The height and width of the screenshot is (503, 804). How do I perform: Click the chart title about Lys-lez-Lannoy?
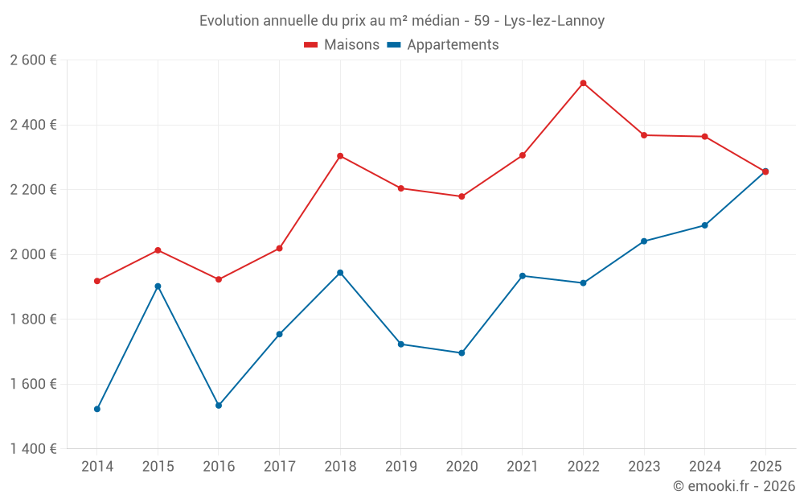pyautogui.click(x=402, y=21)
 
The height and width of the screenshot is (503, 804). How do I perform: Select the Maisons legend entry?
pyautogui.click(x=342, y=45)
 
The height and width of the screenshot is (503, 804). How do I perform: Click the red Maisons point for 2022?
pyautogui.click(x=583, y=83)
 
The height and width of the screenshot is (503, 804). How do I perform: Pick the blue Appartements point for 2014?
pyautogui.click(x=97, y=409)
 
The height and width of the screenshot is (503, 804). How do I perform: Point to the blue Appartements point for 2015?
pyautogui.click(x=158, y=286)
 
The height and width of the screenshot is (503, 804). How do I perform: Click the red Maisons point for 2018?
pyautogui.click(x=340, y=156)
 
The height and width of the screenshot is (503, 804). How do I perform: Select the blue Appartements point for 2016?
pyautogui.click(x=219, y=406)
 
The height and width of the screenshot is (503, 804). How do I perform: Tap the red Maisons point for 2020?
pyautogui.click(x=461, y=196)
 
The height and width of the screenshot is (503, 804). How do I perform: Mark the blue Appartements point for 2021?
pyautogui.click(x=523, y=276)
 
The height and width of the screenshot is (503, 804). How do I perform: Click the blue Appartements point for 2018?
pyautogui.click(x=340, y=273)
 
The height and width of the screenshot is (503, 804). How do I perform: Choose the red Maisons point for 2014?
pyautogui.click(x=97, y=281)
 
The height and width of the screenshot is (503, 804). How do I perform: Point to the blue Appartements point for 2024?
pyautogui.click(x=705, y=225)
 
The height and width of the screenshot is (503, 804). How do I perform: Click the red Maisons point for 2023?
pyautogui.click(x=644, y=135)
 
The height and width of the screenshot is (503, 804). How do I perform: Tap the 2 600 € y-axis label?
pyautogui.click(x=33, y=60)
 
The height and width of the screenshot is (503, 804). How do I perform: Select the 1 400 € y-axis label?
pyautogui.click(x=33, y=449)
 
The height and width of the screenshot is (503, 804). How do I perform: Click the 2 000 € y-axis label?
pyautogui.click(x=33, y=254)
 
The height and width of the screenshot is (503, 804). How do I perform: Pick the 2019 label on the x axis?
pyautogui.click(x=401, y=467)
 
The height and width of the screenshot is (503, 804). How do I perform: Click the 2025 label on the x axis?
pyautogui.click(x=765, y=467)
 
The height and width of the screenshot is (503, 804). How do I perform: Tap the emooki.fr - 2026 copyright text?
pyautogui.click(x=734, y=486)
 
